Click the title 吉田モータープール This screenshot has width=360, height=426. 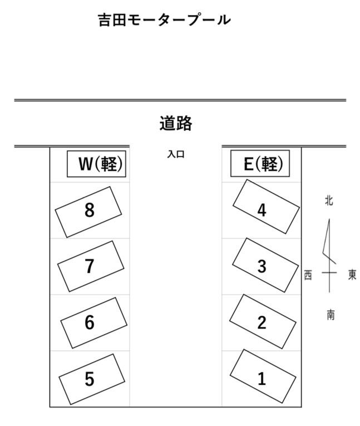[164, 20]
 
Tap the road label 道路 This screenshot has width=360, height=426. [175, 123]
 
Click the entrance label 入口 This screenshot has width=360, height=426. [175, 154]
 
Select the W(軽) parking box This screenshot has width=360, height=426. [97, 164]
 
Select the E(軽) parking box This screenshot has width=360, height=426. [260, 164]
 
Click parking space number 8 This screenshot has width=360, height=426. [89, 211]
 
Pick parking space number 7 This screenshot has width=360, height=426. [90, 266]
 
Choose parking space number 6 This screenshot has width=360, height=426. [91, 322]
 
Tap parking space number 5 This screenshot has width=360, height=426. [90, 379]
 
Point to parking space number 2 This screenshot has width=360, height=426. [262, 322]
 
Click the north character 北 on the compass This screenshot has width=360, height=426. [329, 200]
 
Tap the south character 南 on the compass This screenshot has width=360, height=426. [331, 315]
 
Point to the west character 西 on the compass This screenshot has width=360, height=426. [308, 275]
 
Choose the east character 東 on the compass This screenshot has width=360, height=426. [352, 275]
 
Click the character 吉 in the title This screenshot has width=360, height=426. [104, 20]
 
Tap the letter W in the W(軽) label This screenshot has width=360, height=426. [85, 164]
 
